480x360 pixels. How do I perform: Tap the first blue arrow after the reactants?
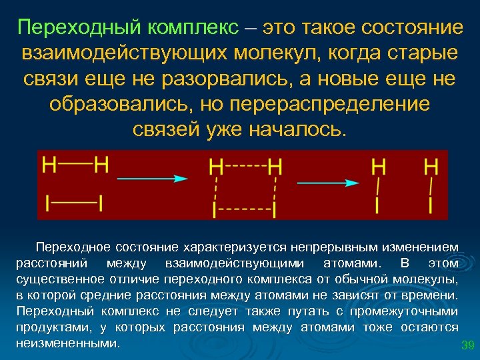click(x=152, y=179)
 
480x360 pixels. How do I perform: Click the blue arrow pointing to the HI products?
click(x=329, y=182)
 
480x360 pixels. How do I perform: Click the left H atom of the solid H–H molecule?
click(x=49, y=164)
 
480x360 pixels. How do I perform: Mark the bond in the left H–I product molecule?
click(x=378, y=183)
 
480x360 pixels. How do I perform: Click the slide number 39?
click(x=467, y=345)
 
